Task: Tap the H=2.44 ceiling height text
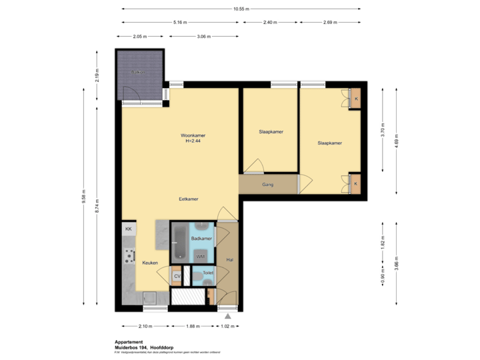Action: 193,141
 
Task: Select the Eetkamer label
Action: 188,199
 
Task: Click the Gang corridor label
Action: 267,185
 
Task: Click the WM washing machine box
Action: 200,256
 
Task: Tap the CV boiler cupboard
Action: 177,276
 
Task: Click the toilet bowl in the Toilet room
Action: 208,282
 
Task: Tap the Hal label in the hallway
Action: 229,260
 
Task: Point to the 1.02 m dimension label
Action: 228,327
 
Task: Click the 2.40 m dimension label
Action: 269,22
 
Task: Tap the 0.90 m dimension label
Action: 382,280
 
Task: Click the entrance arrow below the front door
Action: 228,315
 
